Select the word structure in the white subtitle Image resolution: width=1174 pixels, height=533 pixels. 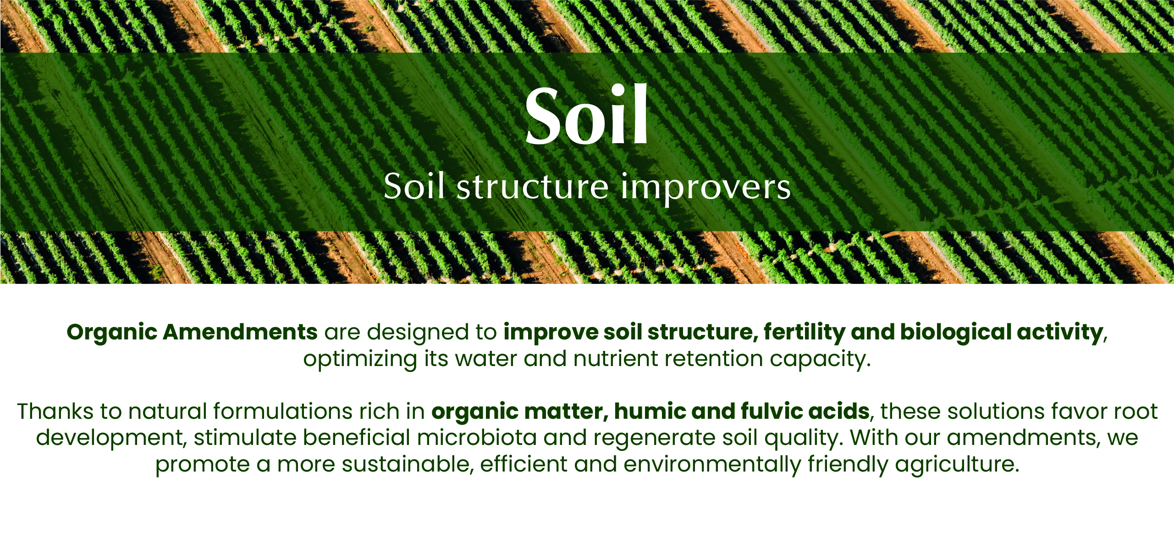532,187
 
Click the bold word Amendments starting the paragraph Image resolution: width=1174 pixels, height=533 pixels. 240,332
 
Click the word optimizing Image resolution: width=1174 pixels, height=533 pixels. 360,359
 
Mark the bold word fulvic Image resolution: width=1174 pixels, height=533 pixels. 770,411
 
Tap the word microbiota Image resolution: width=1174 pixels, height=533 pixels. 477,438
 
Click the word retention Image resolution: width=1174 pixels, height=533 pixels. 714,359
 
